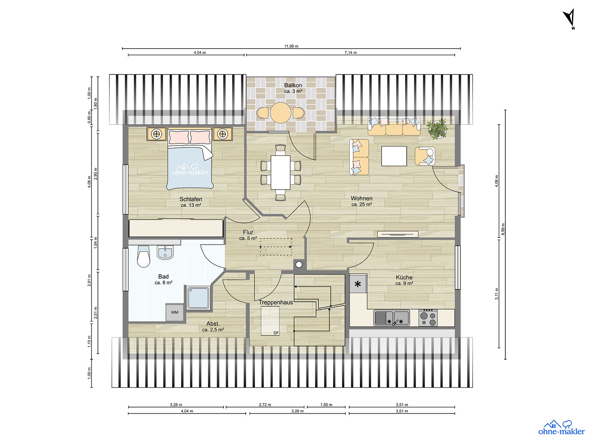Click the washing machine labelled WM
(x=175, y=312)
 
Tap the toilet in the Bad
(x=143, y=256)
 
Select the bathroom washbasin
(x=165, y=252)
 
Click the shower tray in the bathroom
(x=198, y=297)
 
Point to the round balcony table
(x=281, y=113)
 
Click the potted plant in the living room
(x=436, y=129)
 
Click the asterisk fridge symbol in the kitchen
(x=358, y=284)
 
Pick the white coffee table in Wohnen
(x=394, y=156)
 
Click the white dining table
(x=280, y=173)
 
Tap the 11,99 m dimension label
(x=291, y=46)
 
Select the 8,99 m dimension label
(x=503, y=229)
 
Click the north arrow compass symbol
(x=570, y=18)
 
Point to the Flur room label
(x=248, y=232)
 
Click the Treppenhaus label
(x=276, y=302)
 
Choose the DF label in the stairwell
(x=276, y=333)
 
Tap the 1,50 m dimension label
(x=326, y=405)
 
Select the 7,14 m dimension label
(x=350, y=53)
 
